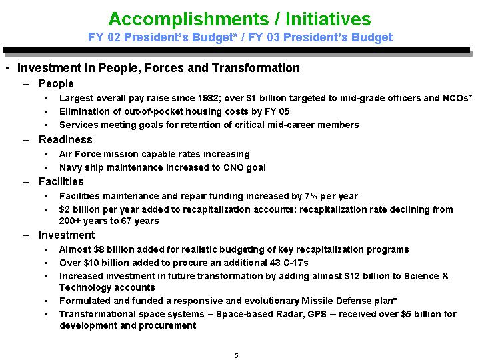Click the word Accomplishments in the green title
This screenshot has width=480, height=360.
coord(189,19)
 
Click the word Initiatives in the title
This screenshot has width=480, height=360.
coord(328,19)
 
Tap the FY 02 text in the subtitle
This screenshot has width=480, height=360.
coord(104,37)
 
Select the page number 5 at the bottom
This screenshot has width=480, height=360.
coord(236,355)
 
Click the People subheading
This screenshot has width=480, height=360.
coord(56,83)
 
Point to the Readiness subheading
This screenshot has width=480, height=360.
coord(65,139)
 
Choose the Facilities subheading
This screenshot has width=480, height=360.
coord(61,181)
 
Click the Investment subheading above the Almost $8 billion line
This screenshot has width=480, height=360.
coord(67,235)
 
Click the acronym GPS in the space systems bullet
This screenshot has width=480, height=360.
coord(317,314)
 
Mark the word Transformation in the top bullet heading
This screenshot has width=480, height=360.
coord(256,68)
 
